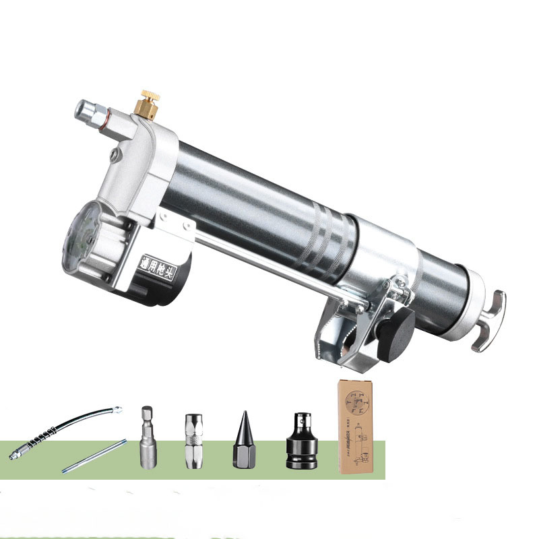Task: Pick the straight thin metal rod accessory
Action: pyautogui.click(x=94, y=455)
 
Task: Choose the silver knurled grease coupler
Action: pyautogui.click(x=191, y=440)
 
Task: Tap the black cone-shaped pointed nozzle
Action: pyautogui.click(x=241, y=441)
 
